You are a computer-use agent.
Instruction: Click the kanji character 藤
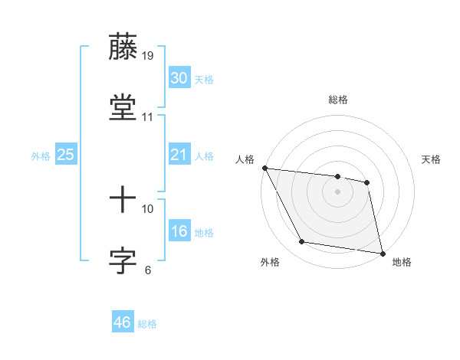tap(123, 47)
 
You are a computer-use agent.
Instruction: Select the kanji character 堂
tap(123, 107)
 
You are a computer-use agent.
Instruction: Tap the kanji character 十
tap(123, 201)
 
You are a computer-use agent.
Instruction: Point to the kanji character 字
tap(123, 261)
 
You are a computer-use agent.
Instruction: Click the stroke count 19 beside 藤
tap(148, 56)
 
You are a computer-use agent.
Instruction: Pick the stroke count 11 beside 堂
tap(148, 117)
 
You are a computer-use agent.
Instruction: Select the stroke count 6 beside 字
tap(148, 270)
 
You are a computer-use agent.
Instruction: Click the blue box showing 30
tap(179, 79)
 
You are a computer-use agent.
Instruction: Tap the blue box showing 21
tap(179, 155)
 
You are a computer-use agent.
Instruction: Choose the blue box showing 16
tap(179, 231)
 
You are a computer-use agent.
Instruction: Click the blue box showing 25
tap(66, 155)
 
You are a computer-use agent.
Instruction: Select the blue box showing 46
tap(123, 322)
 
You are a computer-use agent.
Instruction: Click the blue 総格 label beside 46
tap(148, 324)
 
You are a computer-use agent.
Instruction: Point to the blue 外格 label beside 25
tap(41, 155)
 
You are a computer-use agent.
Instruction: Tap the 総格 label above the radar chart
tap(337, 100)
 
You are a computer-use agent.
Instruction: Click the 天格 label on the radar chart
tap(432, 159)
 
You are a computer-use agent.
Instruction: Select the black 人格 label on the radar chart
tap(244, 159)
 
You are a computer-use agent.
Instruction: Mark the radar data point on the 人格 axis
tap(264, 168)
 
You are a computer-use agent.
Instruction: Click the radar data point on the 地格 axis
tap(383, 253)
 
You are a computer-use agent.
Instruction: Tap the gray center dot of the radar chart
tap(337, 191)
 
